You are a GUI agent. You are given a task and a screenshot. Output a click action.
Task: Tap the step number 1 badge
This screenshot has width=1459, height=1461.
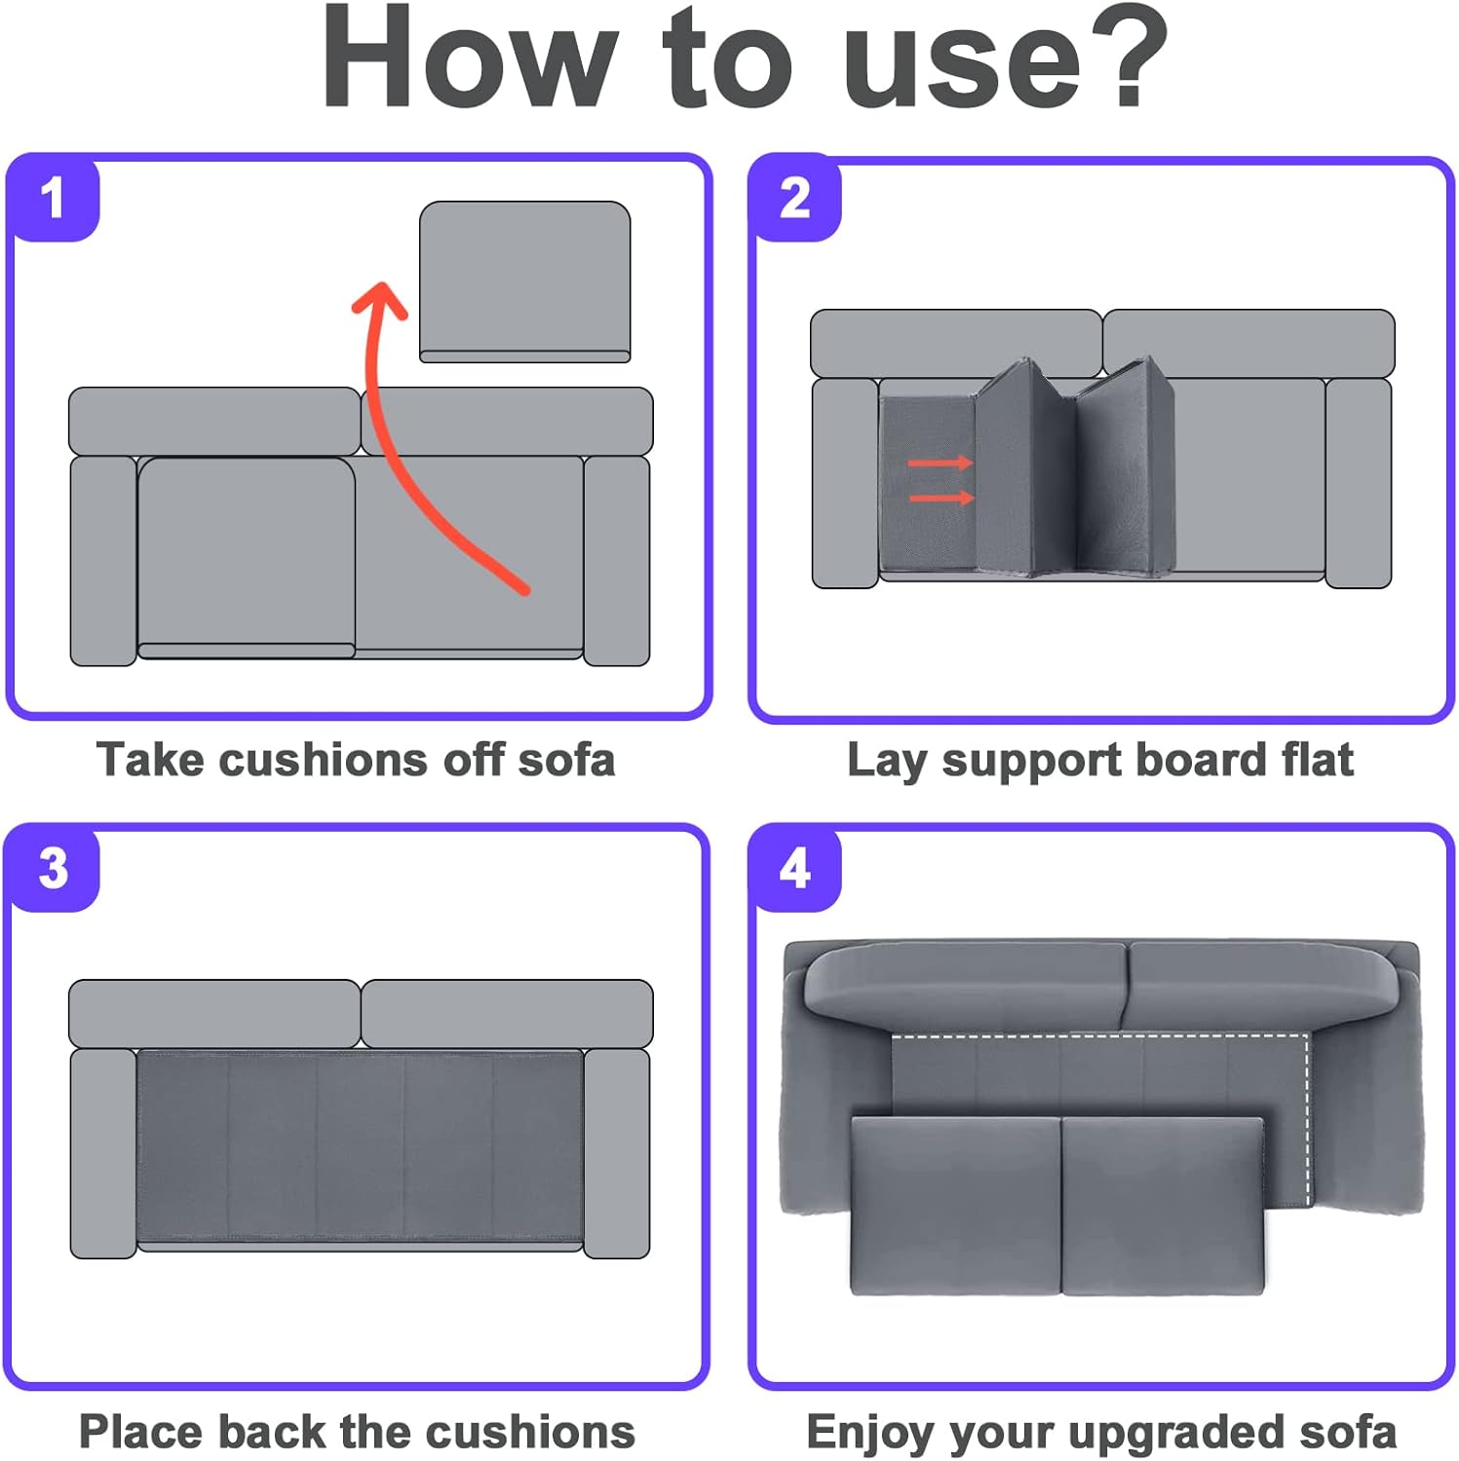pyautogui.click(x=54, y=198)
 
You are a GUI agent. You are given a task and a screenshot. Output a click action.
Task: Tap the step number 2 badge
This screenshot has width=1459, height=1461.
pyautogui.click(x=795, y=199)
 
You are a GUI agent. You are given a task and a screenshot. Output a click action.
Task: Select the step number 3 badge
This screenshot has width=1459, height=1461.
pyautogui.click(x=54, y=868)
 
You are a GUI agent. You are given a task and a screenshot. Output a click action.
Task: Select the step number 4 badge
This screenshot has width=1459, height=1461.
pyautogui.click(x=795, y=868)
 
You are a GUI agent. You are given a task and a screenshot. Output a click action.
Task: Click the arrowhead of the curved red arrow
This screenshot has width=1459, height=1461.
pyautogui.click(x=380, y=298)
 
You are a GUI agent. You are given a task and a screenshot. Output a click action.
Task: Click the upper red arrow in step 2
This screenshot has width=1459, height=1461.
pyautogui.click(x=941, y=463)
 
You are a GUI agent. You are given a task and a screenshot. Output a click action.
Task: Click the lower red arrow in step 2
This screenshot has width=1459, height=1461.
pyautogui.click(x=941, y=499)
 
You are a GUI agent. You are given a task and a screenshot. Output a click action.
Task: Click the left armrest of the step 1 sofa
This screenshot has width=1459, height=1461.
pyautogui.click(x=103, y=560)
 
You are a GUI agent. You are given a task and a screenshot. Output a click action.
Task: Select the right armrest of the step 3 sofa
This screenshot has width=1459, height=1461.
pyautogui.click(x=617, y=1152)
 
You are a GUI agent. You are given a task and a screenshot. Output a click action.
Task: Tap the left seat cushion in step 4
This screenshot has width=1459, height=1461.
pyautogui.click(x=955, y=1205)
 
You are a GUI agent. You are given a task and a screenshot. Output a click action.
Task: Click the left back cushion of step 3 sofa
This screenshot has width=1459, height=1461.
pyautogui.click(x=214, y=1014)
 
